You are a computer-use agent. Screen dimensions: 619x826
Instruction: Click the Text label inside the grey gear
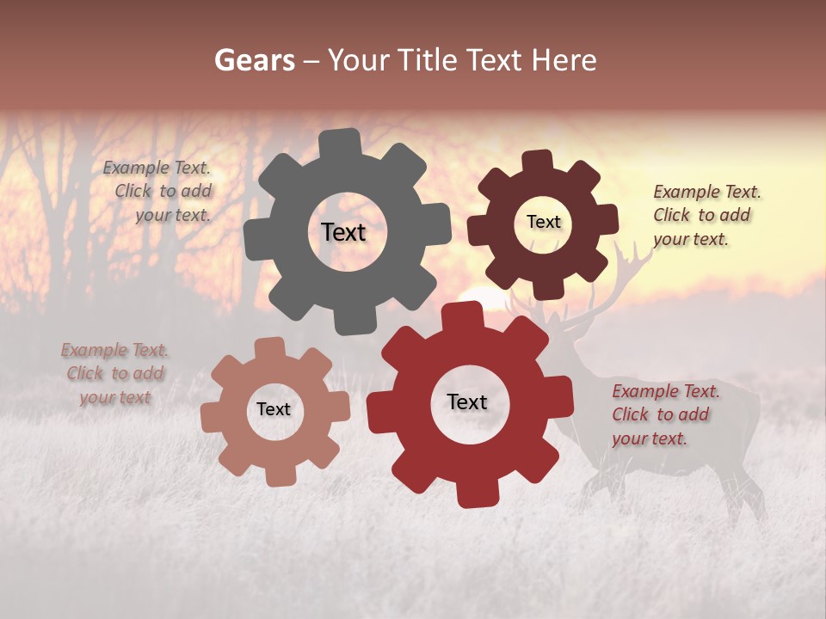343,232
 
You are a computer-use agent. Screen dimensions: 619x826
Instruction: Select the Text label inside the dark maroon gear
543,222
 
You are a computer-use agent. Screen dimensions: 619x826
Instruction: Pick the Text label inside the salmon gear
274,409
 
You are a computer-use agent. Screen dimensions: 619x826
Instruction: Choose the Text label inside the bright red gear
467,402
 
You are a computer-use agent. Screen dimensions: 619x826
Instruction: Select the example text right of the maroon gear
706,215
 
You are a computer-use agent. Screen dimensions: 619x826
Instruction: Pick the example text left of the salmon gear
115,374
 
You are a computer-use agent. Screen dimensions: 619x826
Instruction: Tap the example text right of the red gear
664,414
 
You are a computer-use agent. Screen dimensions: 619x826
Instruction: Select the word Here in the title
564,60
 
